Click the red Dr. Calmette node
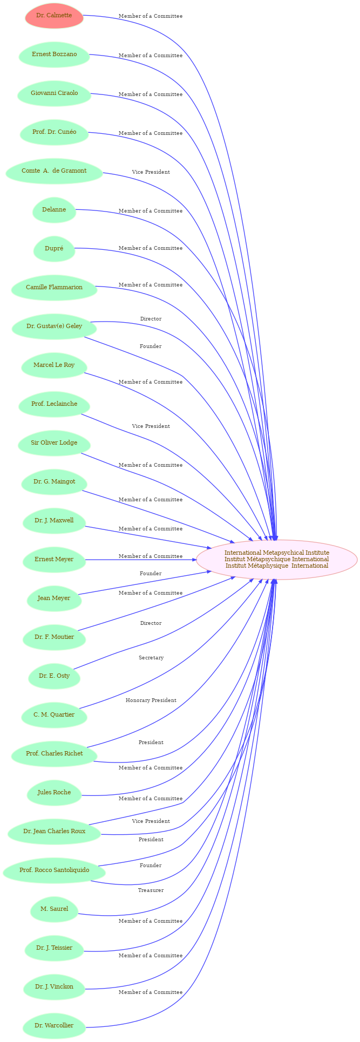coord(54,16)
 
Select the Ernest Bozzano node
coord(54,55)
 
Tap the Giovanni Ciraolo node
coord(54,93)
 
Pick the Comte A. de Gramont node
coord(54,171)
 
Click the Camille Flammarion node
coord(54,288)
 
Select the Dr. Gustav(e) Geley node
coord(54,326)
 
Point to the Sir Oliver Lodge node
coord(54,443)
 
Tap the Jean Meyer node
coord(54,598)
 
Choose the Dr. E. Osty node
coord(54,676)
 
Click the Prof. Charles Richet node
coord(54,754)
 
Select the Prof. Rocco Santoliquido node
coord(54,870)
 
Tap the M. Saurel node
coord(54,909)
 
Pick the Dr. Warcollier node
coord(54,1026)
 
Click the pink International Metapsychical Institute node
coord(277,560)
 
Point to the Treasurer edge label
coord(151,890)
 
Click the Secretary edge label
coord(151,658)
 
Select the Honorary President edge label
coord(151,700)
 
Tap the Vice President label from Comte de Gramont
coord(151,172)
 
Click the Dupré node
coord(54,249)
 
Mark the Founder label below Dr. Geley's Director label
coord(151,346)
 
